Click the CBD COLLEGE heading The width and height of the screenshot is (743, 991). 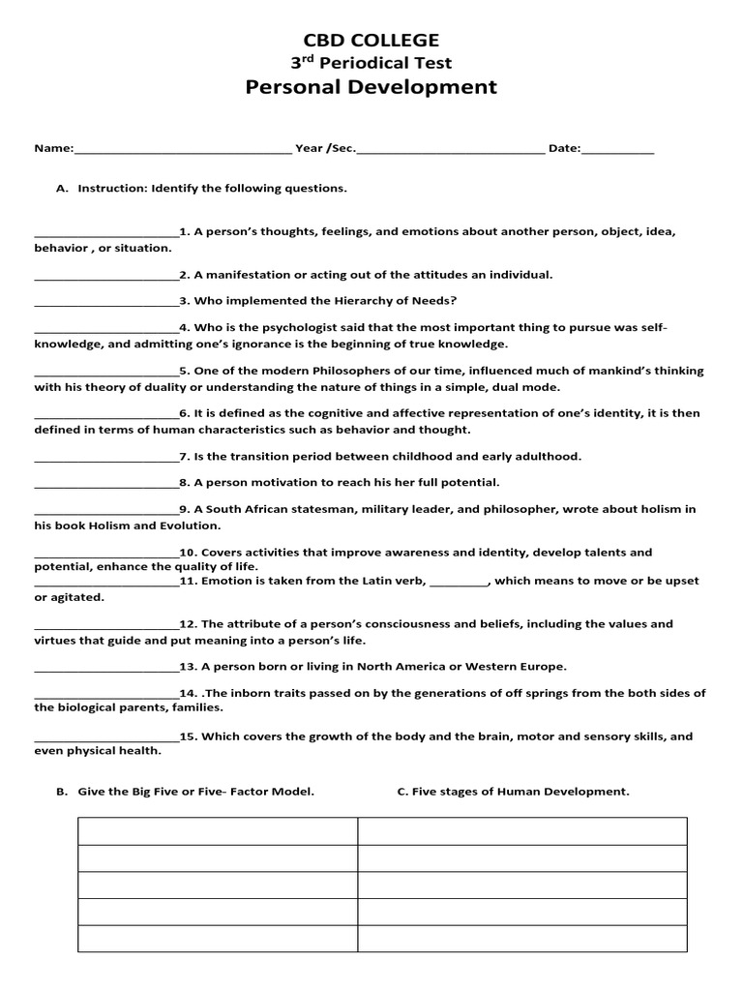pyautogui.click(x=371, y=40)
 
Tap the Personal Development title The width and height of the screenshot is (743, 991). pyautogui.click(x=371, y=87)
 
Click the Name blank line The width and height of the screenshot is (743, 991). pyautogui.click(x=183, y=151)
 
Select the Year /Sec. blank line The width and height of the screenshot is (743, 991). pyautogui.click(x=451, y=151)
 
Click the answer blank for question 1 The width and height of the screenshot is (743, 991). pyautogui.click(x=106, y=234)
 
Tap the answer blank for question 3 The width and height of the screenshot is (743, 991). pyautogui.click(x=106, y=303)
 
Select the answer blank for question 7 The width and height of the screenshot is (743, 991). pyautogui.click(x=106, y=458)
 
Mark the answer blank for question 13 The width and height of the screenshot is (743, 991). pyautogui.click(x=106, y=669)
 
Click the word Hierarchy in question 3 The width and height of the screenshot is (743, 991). pyautogui.click(x=340, y=301)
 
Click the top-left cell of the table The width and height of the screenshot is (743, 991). pyautogui.click(x=218, y=831)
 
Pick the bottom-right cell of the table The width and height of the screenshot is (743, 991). pyautogui.click(x=522, y=939)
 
